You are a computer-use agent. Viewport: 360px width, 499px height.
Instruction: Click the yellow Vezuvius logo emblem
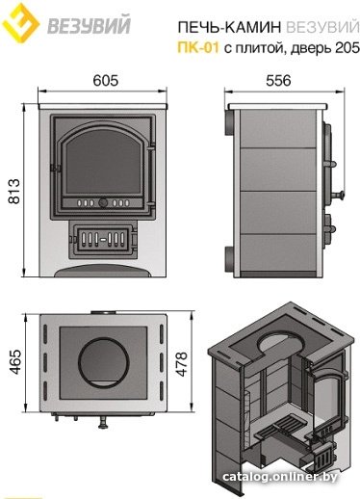pyautogui.click(x=20, y=23)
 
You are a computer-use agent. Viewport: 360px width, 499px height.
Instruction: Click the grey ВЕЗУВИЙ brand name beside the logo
pyautogui.click(x=90, y=24)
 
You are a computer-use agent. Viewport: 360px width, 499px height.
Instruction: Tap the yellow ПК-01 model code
pyautogui.click(x=198, y=48)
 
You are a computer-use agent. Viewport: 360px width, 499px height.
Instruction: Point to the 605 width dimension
pyautogui.click(x=106, y=80)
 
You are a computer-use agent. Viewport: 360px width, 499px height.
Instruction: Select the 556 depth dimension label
pyautogui.click(x=278, y=80)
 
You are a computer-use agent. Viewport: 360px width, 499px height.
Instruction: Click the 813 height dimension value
pyautogui.click(x=14, y=192)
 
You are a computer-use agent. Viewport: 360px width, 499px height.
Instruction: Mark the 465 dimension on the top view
pyautogui.click(x=15, y=362)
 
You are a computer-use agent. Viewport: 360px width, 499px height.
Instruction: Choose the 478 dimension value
pyautogui.click(x=182, y=364)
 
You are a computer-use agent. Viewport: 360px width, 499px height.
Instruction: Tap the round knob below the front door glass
pyautogui.click(x=103, y=202)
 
